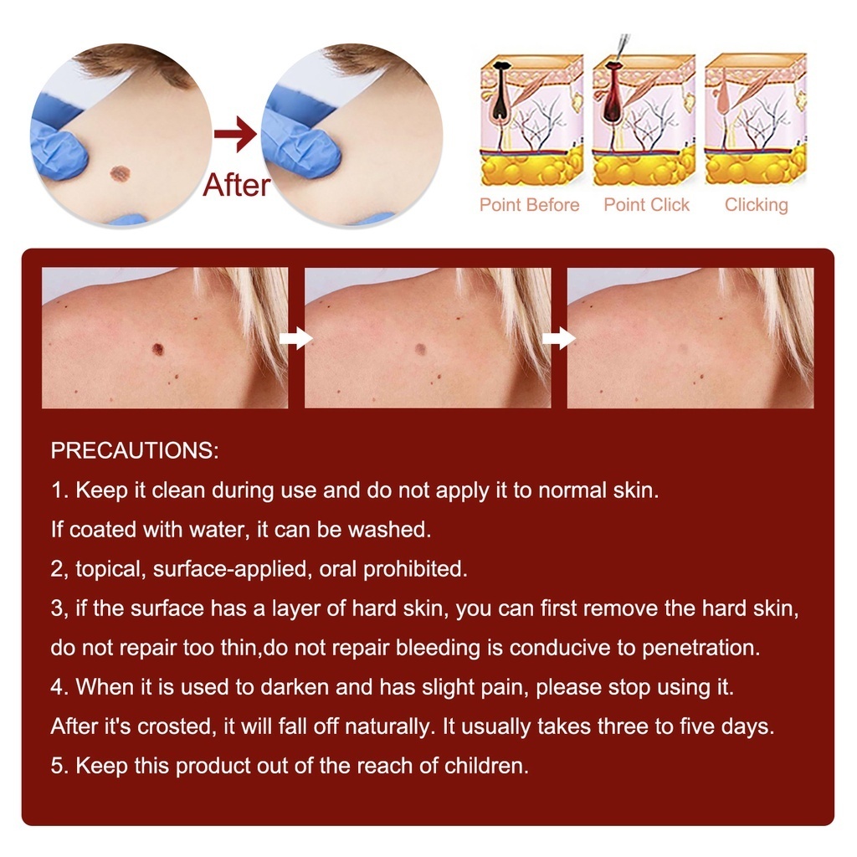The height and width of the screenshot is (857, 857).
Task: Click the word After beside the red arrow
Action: click(237, 185)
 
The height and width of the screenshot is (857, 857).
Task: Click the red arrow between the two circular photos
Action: click(235, 133)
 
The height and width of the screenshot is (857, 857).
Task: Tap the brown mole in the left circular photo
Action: click(119, 174)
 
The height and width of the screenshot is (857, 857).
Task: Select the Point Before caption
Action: click(529, 205)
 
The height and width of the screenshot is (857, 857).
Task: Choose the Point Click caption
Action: click(647, 205)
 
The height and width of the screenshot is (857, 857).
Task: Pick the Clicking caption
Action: click(757, 205)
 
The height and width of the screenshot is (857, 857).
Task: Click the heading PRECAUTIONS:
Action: click(135, 451)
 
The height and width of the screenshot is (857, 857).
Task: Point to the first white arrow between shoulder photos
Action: click(295, 338)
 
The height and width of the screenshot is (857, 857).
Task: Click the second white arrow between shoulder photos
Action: click(558, 338)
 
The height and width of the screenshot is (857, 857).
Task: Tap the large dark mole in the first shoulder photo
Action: click(158, 347)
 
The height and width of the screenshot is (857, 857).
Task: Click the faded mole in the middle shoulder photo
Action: click(420, 348)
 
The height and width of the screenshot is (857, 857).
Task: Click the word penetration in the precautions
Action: click(700, 649)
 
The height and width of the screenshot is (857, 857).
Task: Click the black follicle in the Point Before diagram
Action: click(500, 90)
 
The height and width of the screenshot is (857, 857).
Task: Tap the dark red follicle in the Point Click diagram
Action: click(612, 91)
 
